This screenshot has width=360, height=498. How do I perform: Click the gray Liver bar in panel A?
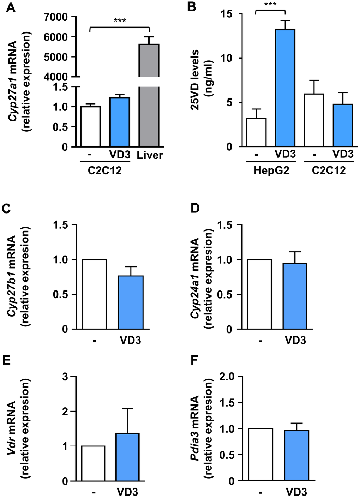(149, 106)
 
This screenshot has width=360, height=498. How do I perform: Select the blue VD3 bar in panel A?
(119, 122)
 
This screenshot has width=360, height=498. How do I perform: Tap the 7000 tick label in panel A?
(56, 17)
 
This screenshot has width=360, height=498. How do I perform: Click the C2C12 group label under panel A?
(104, 171)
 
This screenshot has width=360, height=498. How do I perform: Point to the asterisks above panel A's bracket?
(120, 20)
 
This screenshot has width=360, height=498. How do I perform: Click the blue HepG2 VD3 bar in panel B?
(285, 88)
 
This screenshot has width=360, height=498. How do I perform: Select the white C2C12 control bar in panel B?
(314, 120)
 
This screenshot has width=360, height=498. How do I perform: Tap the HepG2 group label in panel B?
(271, 171)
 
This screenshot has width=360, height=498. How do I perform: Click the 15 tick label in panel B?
(227, 14)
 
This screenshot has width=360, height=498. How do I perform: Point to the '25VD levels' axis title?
(195, 79)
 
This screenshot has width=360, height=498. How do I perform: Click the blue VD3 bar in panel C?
(131, 302)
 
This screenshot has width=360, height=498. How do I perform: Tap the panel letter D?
(195, 208)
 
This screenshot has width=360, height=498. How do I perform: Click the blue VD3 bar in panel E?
(127, 457)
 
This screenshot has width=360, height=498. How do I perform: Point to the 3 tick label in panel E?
(65, 377)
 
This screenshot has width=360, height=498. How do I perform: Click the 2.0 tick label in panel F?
(227, 377)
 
